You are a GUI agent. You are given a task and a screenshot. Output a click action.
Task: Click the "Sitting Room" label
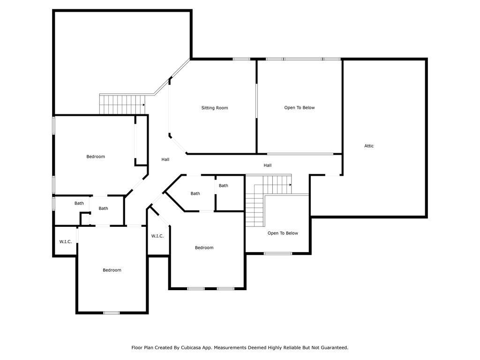pyautogui.click(x=215, y=108)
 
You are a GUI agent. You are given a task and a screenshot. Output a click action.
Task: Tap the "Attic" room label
pyautogui.click(x=369, y=146)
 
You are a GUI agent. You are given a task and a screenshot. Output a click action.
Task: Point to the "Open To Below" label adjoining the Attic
pyautogui.click(x=300, y=108)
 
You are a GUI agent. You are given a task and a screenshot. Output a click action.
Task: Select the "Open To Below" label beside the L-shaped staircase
pyautogui.click(x=283, y=233)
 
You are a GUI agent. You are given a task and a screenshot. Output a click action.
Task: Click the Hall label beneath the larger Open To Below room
pyautogui.click(x=268, y=165)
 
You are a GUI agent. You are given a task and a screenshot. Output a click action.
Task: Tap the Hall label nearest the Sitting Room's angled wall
pyautogui.click(x=165, y=159)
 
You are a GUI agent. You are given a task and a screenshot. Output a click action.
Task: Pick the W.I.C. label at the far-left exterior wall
pyautogui.click(x=66, y=242)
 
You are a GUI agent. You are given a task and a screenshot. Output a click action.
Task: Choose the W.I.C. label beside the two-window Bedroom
pyautogui.click(x=157, y=236)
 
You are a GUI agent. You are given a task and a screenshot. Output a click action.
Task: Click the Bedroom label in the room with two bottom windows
pyautogui.click(x=204, y=247)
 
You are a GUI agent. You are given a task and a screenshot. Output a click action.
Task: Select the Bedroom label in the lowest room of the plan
pyautogui.click(x=112, y=270)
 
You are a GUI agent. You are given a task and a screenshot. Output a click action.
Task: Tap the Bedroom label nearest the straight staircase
pyautogui.click(x=96, y=157)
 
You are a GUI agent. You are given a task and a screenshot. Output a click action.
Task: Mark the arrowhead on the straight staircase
pyautogui.click(x=143, y=105)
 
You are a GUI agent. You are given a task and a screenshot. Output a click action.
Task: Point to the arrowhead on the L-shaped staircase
pyautogui.click(x=290, y=185)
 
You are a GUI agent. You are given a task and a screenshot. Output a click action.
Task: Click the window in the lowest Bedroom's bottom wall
pyautogui.click(x=111, y=313)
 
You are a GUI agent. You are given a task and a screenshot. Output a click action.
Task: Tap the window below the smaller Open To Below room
pyautogui.click(x=278, y=254)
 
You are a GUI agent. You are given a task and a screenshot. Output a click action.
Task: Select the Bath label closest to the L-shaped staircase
pyautogui.click(x=224, y=186)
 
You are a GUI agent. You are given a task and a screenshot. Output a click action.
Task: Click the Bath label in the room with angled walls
pyautogui.click(x=195, y=194)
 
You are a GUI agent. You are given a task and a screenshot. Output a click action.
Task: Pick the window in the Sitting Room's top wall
pyautogui.click(x=241, y=59)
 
